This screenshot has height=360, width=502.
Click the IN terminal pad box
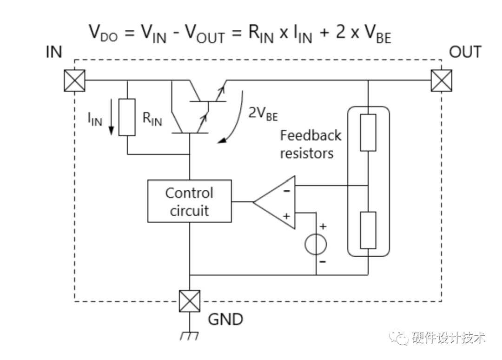(74, 80)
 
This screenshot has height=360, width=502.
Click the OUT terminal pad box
(441, 80)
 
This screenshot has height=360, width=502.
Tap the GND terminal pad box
(190, 301)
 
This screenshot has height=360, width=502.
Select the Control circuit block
(189, 201)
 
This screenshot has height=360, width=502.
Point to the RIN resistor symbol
(127, 117)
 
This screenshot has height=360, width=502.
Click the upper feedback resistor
(368, 133)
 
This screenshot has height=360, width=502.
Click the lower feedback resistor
(368, 231)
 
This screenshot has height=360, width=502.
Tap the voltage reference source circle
(316, 245)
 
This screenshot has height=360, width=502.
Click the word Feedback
(310, 136)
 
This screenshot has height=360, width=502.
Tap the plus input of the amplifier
(287, 216)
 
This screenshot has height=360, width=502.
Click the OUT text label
(465, 52)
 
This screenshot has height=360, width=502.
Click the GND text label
(225, 320)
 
